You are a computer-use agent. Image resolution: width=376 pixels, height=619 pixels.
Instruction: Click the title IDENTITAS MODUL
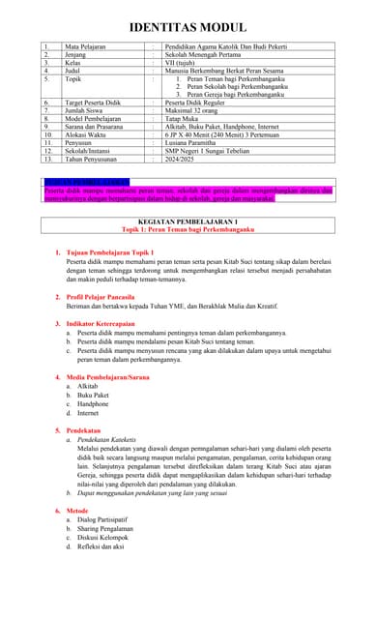[188, 27]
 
